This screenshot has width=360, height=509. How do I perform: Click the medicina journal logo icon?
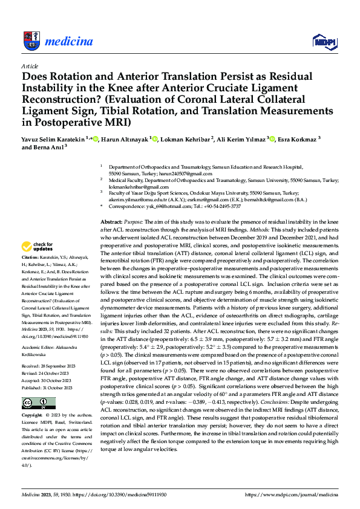[30, 41]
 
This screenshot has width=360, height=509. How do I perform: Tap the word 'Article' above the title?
[30, 66]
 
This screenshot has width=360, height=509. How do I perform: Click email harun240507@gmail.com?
[187, 173]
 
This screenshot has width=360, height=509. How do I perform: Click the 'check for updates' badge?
[37, 247]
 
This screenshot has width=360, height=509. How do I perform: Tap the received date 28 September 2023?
[60, 366]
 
